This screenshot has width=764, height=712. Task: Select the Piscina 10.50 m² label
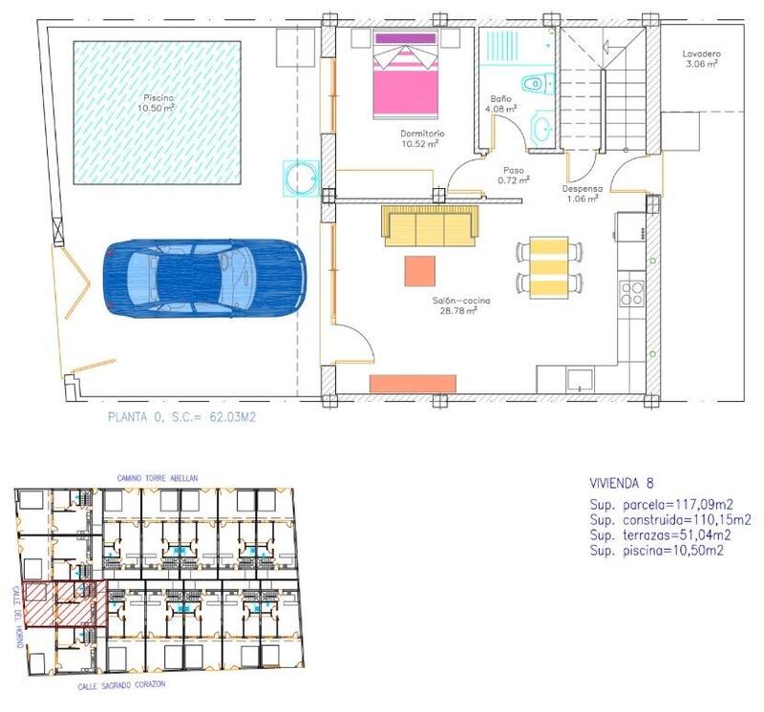pyautogui.click(x=157, y=103)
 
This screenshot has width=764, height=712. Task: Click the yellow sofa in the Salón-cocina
pyautogui.click(x=431, y=225)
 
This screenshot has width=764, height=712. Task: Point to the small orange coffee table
pyautogui.click(x=420, y=270)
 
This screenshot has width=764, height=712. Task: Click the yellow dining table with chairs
pyautogui.click(x=548, y=267)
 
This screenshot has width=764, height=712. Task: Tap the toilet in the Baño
pyautogui.click(x=536, y=84)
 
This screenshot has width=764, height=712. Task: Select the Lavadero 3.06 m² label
pyautogui.click(x=700, y=59)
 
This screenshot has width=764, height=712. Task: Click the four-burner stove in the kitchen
pyautogui.click(x=632, y=293)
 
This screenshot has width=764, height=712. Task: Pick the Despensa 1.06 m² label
pyautogui.click(x=580, y=194)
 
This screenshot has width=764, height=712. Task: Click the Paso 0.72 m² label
pyautogui.click(x=512, y=175)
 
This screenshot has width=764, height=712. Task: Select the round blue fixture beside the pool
pyautogui.click(x=300, y=177)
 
